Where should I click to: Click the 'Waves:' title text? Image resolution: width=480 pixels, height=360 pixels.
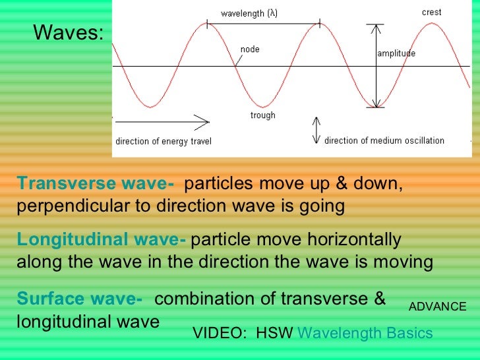pyautogui.click(x=68, y=32)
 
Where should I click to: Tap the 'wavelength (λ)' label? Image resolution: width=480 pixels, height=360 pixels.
pyautogui.click(x=249, y=13)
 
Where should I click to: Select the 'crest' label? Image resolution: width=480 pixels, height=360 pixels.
pyautogui.click(x=432, y=13)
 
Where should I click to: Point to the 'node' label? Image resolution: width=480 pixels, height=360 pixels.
pyautogui.click(x=250, y=49)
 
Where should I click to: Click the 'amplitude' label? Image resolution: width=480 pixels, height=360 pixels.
pyautogui.click(x=396, y=53)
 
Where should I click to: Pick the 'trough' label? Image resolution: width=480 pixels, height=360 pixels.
pyautogui.click(x=262, y=115)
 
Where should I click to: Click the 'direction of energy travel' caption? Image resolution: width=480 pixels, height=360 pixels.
pyautogui.click(x=163, y=141)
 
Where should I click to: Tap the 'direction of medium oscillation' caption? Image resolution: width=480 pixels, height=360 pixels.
pyautogui.click(x=384, y=140)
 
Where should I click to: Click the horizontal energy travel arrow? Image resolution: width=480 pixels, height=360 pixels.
pyautogui.click(x=162, y=120)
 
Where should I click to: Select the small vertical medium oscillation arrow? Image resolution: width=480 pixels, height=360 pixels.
pyautogui.click(x=316, y=131)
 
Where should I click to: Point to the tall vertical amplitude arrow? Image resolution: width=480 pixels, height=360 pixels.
pyautogui.click(x=376, y=66)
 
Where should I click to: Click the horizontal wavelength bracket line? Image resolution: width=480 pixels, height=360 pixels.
pyautogui.click(x=264, y=24)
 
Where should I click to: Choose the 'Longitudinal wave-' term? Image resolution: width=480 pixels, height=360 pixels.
pyautogui.click(x=102, y=239)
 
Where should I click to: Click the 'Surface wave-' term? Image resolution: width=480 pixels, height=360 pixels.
pyautogui.click(x=80, y=299)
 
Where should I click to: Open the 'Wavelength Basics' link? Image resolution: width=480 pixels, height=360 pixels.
pyautogui.click(x=365, y=333)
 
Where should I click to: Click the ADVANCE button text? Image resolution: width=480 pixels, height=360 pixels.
pyautogui.click(x=438, y=307)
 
